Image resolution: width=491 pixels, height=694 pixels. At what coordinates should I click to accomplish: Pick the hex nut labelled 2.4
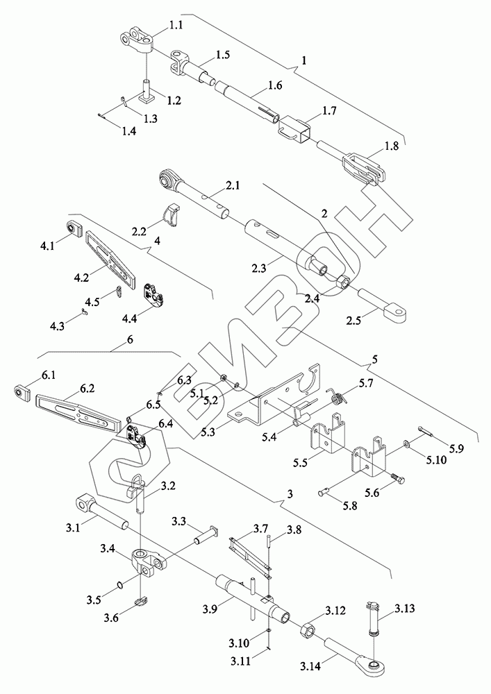(343, 282)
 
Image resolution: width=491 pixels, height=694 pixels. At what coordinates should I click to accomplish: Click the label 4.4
(131, 318)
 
